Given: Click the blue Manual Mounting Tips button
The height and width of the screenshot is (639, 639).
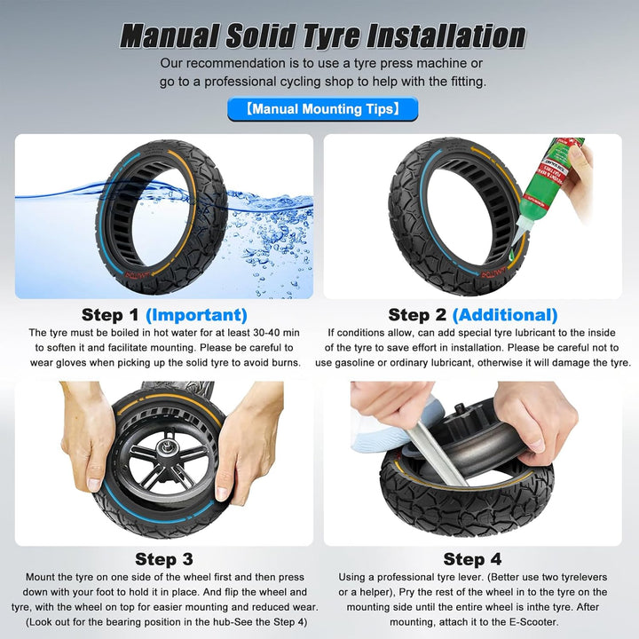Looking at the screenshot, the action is [322, 109].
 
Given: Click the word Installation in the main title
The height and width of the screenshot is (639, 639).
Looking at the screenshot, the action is [446, 35].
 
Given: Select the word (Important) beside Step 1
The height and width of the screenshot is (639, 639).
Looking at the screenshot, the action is [196, 315].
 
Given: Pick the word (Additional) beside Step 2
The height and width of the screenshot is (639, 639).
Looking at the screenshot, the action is [505, 315].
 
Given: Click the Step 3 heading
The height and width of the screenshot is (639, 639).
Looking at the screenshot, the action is [164, 559].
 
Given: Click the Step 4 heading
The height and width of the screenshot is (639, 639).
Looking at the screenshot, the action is [472, 559].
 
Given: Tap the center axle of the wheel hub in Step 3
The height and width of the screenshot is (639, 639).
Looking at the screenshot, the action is [167, 449].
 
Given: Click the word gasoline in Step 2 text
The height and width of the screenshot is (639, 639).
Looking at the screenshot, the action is [354, 363].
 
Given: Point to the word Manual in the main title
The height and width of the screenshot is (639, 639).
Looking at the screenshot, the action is [170, 35].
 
